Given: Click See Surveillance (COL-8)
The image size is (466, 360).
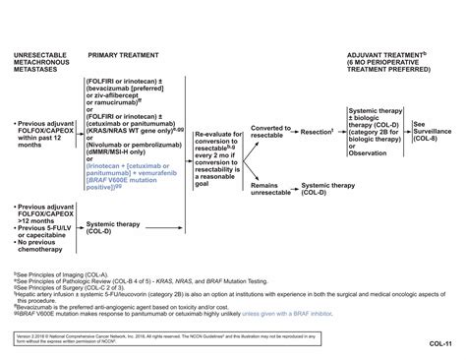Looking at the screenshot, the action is click(x=436, y=132).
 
